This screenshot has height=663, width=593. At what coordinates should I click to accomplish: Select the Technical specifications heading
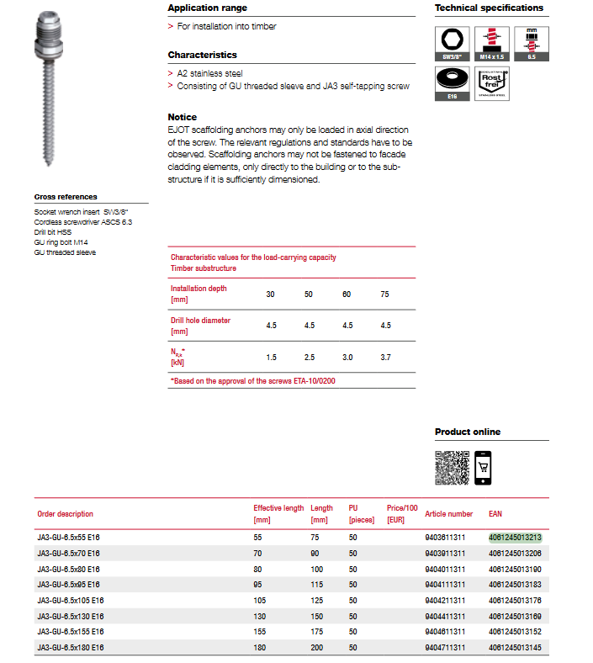coord(489,8)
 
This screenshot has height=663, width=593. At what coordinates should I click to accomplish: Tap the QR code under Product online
coord(451,468)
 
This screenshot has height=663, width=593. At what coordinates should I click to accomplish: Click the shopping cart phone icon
coord(483,468)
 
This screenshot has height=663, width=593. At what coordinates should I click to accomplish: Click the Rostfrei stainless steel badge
coord(492,84)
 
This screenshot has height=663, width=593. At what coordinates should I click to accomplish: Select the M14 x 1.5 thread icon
coord(492,43)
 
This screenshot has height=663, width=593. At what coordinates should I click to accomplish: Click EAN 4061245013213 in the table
coord(515,537)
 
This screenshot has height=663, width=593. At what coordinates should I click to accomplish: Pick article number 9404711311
coord(445,647)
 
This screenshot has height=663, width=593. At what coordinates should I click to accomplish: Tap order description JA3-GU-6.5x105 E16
coord(71,600)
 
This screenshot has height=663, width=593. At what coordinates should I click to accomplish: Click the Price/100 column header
coord(402,513)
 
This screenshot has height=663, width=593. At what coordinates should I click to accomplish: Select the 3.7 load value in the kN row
coord(385,358)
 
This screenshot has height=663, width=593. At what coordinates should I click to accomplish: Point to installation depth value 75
coord(385,294)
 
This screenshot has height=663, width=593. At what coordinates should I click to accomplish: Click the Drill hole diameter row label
coord(200,326)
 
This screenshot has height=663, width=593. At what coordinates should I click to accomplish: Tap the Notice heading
coord(183,117)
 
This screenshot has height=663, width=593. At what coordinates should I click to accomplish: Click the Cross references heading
coord(66,197)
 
